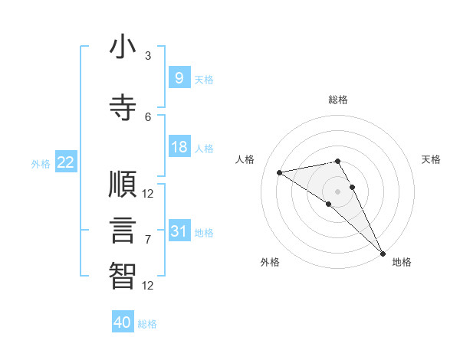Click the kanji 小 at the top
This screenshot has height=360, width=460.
(x=123, y=47)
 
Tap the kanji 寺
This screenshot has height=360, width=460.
(x=123, y=106)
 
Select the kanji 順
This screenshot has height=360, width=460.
(x=123, y=185)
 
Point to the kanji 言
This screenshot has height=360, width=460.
(x=123, y=230)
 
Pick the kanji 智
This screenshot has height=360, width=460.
(x=123, y=275)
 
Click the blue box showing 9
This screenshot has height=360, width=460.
(x=179, y=77)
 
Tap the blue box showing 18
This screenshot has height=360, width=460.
(x=179, y=147)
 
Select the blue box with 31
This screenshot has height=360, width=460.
(x=179, y=231)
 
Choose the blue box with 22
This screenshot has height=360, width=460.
(x=66, y=162)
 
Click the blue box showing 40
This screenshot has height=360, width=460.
(x=123, y=322)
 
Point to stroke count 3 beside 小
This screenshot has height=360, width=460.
(x=148, y=56)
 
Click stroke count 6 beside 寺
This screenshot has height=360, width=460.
(x=148, y=116)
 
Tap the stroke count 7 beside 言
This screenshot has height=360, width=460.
(x=148, y=240)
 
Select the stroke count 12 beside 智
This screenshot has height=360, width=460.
(x=148, y=286)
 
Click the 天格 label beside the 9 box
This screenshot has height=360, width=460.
(x=204, y=79)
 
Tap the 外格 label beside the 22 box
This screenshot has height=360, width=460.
(x=41, y=163)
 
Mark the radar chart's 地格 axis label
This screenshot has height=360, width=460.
(x=402, y=262)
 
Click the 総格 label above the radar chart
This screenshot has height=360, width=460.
(x=338, y=100)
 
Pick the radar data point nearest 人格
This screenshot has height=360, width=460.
(x=280, y=172)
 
